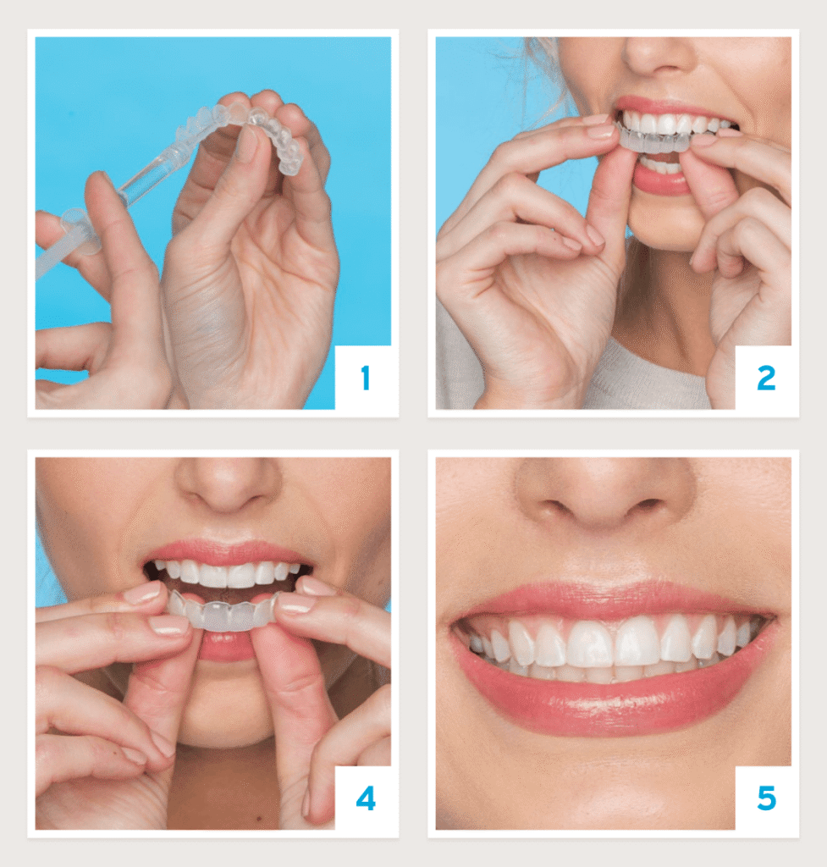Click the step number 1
point(365,378)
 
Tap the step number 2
point(766,378)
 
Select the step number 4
point(366,799)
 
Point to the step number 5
point(766,799)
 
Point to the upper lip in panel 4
point(227,552)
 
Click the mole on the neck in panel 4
point(255,817)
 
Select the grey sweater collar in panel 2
point(647,382)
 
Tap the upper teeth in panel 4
point(228,574)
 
